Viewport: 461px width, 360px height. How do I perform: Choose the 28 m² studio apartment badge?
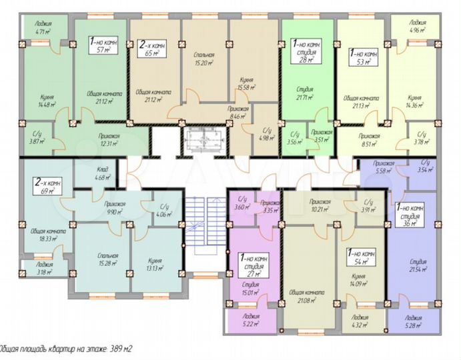307,51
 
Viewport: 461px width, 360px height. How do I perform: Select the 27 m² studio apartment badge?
252,263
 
